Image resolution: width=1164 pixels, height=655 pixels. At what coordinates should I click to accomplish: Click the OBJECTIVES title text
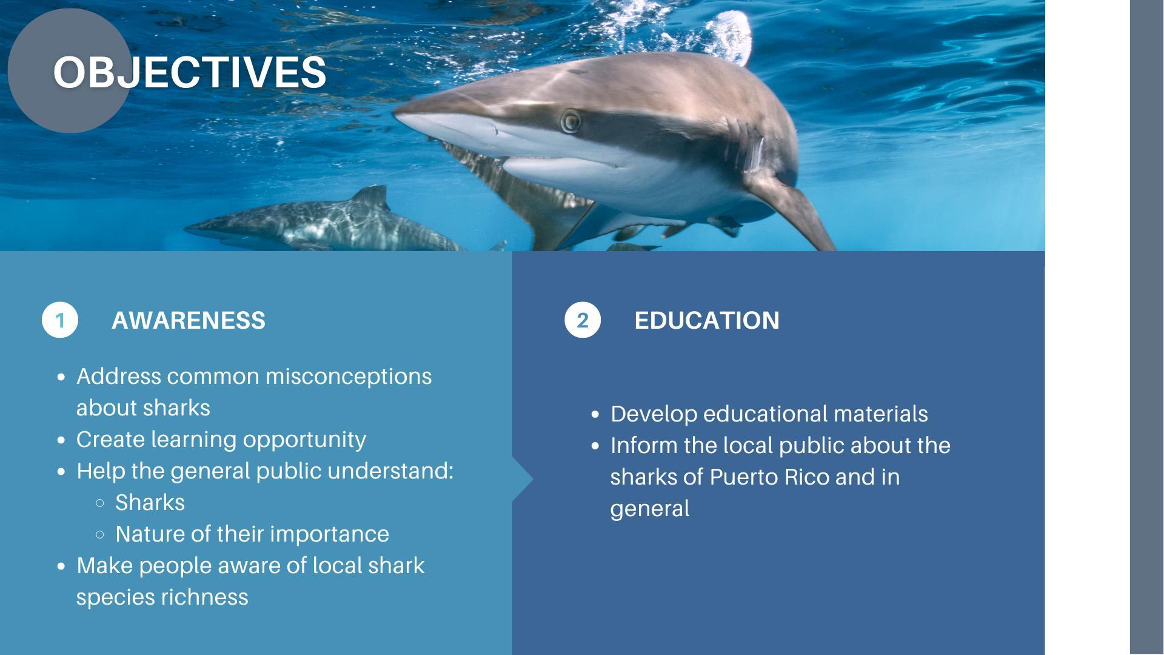click(x=190, y=72)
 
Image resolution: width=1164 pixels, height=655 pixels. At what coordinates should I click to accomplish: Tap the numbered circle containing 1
click(x=60, y=320)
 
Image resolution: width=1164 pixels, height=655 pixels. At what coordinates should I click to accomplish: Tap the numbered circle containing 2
click(x=583, y=320)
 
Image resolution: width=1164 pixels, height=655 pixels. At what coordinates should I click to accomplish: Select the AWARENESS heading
click(x=189, y=320)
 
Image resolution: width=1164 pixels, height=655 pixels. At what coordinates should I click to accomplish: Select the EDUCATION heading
click(x=707, y=320)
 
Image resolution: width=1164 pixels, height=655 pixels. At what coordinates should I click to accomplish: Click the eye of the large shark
click(x=570, y=121)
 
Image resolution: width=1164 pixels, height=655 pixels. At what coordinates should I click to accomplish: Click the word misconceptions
click(x=349, y=377)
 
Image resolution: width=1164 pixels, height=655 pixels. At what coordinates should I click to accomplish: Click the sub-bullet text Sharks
click(x=150, y=502)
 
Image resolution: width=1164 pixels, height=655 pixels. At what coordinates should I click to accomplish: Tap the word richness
click(x=205, y=597)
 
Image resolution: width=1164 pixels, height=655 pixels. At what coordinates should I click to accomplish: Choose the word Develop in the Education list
click(x=654, y=414)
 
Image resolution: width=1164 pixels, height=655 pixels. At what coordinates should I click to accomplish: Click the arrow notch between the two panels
click(x=523, y=480)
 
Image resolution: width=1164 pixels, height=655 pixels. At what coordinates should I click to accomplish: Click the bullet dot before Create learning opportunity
click(x=61, y=440)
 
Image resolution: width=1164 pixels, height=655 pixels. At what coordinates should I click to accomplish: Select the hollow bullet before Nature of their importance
click(x=100, y=534)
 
